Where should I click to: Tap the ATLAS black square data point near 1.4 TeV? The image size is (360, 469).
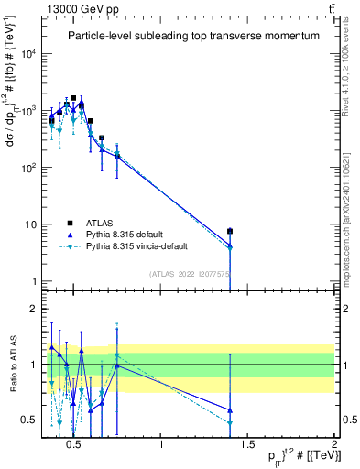coord(230,232)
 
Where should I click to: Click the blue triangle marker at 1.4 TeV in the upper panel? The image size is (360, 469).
coord(230,245)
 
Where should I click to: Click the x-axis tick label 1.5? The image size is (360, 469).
coord(247,445)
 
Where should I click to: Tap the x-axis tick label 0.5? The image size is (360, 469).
coord(75,445)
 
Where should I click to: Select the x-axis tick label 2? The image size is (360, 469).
coord(333,445)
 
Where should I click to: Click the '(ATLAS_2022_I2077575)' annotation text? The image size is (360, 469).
coord(191,274)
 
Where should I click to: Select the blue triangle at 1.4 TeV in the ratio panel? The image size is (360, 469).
coord(230,410)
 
